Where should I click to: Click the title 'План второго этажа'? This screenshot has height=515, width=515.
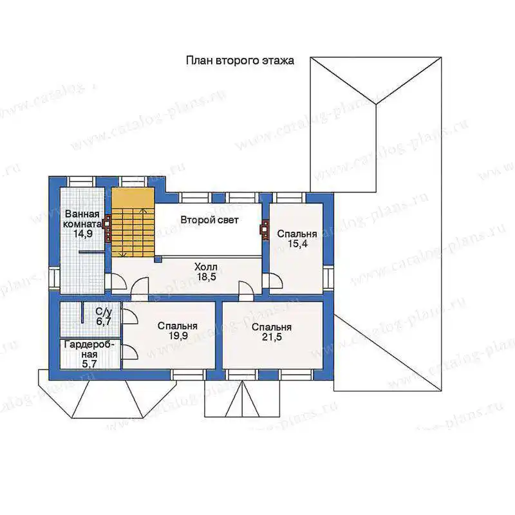[240, 61]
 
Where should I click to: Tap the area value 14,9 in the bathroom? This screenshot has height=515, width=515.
[83, 234]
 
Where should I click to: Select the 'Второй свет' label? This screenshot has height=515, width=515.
[210, 220]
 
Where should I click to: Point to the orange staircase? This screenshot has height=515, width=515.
[133, 222]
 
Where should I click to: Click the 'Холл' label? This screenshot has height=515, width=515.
[206, 267]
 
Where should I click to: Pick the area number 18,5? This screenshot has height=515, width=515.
[207, 277]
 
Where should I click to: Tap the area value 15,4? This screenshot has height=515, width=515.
[297, 244]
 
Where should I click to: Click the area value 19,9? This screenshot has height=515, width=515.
[178, 335]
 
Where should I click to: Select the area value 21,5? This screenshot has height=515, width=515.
[272, 337]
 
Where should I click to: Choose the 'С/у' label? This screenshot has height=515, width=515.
[104, 312]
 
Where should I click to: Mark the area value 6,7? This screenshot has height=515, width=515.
[103, 321]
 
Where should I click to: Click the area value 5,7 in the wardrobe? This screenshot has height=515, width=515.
[89, 364]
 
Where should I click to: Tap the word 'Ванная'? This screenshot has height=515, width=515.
[82, 214]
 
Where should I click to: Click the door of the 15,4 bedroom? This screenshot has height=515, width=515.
[276, 281]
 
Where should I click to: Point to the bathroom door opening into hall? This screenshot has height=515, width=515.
[119, 281]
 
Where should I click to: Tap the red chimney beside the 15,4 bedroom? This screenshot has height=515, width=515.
[265, 229]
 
